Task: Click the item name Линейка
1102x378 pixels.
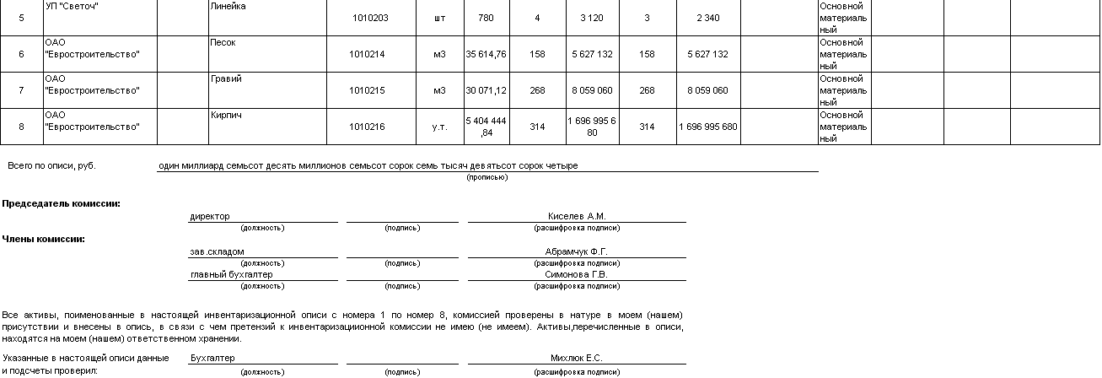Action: click(x=228, y=6)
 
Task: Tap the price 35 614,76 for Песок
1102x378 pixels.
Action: click(x=486, y=54)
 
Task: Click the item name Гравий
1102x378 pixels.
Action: click(x=226, y=78)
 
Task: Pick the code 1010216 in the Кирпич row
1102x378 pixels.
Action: click(x=367, y=127)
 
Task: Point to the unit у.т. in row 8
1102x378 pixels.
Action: click(x=439, y=127)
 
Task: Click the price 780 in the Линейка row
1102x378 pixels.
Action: click(x=486, y=18)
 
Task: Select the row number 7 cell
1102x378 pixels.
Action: click(x=21, y=90)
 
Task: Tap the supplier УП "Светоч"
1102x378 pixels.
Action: click(x=72, y=6)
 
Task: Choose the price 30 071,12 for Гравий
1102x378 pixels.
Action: click(x=486, y=90)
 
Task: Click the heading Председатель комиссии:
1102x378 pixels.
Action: click(x=61, y=203)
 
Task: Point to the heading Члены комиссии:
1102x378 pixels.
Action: click(x=44, y=239)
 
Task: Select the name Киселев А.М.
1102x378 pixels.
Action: click(x=577, y=216)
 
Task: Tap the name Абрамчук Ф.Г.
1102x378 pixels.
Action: click(x=577, y=251)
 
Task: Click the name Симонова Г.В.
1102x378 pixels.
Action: click(x=577, y=274)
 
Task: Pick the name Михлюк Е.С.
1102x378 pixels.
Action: click(x=577, y=358)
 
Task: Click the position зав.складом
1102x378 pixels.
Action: click(x=218, y=251)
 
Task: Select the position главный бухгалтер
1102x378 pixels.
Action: click(x=232, y=274)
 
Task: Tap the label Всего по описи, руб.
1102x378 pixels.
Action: click(x=51, y=165)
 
